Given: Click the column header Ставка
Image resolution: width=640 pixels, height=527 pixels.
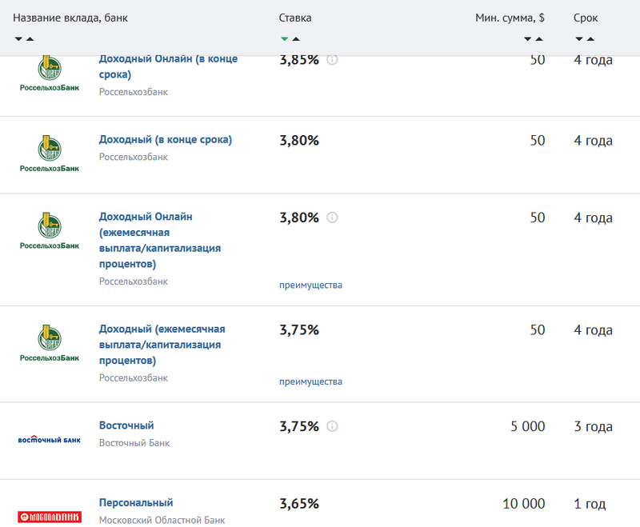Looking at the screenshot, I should click(295, 18).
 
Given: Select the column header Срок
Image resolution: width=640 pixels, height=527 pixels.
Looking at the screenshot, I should click(586, 18).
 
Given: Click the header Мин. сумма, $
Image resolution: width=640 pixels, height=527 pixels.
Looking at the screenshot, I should click(510, 18).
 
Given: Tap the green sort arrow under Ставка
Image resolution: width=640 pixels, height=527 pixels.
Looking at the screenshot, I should click(284, 38).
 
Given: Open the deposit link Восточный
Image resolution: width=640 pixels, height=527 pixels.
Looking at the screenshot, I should click(126, 425).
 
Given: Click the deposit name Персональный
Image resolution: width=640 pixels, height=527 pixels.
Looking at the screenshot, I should click(136, 503).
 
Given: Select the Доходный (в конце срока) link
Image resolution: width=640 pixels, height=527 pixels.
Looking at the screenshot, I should click(166, 140).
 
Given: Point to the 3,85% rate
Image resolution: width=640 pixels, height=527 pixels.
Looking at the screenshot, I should click(299, 60).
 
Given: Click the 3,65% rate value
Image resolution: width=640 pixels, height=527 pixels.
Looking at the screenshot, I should click(299, 504).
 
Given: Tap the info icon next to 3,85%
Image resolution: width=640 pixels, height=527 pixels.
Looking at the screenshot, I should click(333, 60).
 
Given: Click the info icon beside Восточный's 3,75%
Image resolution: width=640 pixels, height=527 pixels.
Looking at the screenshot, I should click(333, 426).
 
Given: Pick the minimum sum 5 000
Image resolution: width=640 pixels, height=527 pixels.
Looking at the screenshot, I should click(527, 426).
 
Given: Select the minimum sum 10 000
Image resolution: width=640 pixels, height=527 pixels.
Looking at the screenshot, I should click(524, 504).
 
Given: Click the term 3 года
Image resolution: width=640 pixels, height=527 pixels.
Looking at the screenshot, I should click(593, 426).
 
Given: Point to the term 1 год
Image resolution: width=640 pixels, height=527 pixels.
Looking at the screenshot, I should click(590, 504).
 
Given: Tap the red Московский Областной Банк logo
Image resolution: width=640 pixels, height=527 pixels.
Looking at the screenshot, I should click(50, 517).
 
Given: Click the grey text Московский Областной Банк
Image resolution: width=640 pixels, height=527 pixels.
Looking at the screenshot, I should click(162, 521).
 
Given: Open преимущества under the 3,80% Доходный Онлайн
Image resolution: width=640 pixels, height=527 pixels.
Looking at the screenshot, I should click(310, 285).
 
